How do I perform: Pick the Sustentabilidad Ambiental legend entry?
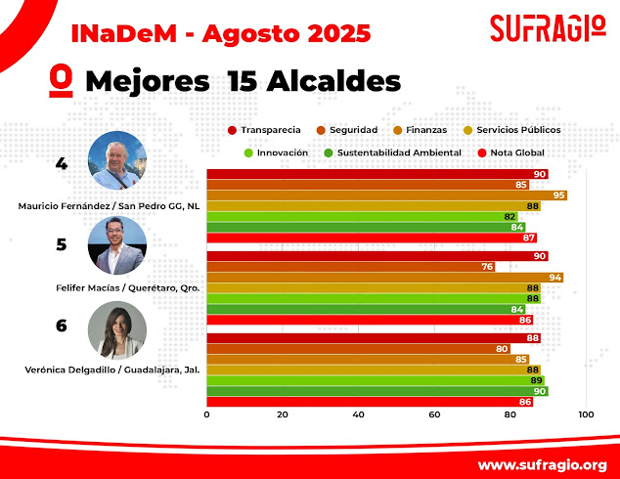pos(381,152)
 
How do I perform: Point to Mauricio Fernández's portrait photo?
pos(117,160)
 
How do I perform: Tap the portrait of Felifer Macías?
pos(117,244)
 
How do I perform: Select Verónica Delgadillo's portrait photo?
pos(117,329)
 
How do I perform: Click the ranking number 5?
pos(62,244)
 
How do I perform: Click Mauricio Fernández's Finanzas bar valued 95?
pos(386,196)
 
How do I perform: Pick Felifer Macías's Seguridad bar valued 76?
pos(350,267)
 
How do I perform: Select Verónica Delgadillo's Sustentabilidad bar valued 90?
pos(376,391)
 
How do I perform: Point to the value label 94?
pos(555,278)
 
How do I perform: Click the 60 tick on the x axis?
pos(434,414)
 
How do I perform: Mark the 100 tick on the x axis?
pos(586,414)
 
